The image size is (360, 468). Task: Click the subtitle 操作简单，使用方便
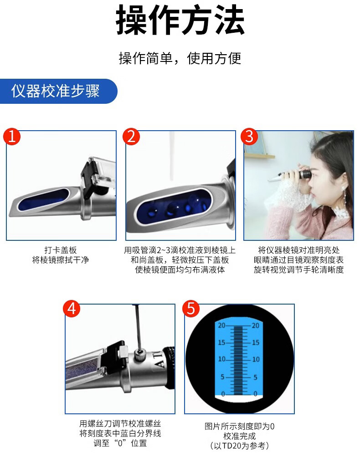pos(180,58)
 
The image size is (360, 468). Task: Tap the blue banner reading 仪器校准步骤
pos(58,91)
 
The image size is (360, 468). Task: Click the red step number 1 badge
pos(12,137)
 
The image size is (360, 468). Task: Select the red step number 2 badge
pos(131,137)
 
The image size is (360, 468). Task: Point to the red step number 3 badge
pos(249,137)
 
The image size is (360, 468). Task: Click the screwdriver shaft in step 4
pos(137,327)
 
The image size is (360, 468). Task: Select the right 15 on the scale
pos(256,342)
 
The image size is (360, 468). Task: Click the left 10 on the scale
pos(221,359)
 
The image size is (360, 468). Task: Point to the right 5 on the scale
pos(256,377)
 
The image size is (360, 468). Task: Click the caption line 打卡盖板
pos(61,250)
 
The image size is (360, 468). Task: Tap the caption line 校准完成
pos(239,436)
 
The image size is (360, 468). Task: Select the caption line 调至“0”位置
pos(120,443)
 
